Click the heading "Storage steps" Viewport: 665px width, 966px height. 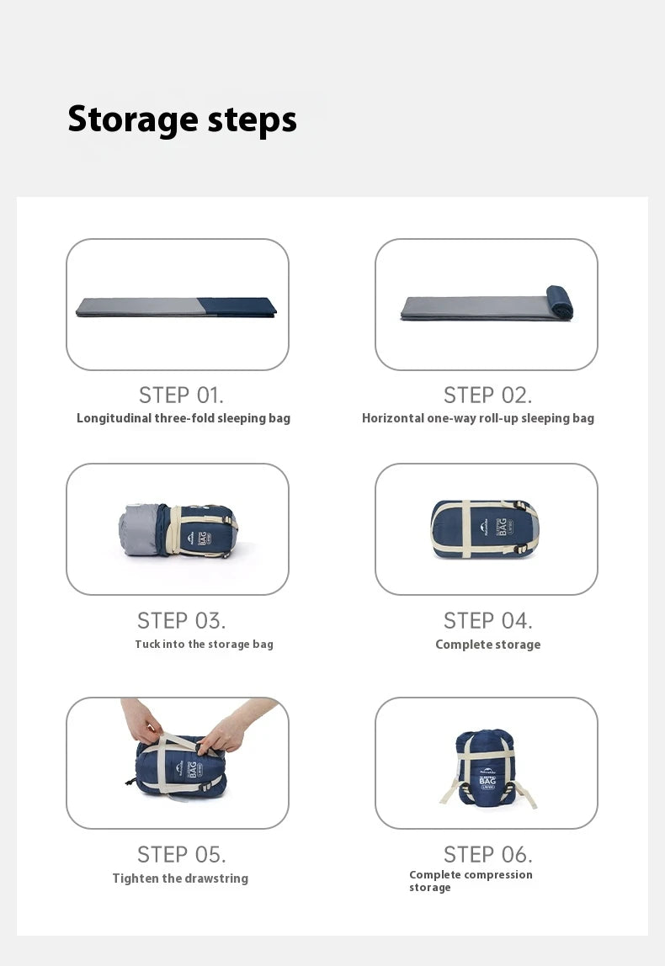coord(182,119)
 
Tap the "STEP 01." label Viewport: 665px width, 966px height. coord(181,395)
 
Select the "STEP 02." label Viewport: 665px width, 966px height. coord(487,395)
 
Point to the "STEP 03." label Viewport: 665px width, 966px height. coord(181,621)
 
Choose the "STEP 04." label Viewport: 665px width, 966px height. coord(487,621)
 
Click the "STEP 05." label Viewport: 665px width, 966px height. coord(181,855)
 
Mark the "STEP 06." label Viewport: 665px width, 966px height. coord(487,855)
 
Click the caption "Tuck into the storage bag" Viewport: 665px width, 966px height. coord(204,645)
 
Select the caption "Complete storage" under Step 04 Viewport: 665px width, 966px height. coord(487,645)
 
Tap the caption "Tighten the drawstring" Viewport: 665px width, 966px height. coord(180,878)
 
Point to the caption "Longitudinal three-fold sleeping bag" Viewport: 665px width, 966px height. coord(183,418)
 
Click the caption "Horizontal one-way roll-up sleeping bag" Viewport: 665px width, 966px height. coord(477,418)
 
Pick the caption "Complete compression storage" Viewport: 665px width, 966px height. coord(470,881)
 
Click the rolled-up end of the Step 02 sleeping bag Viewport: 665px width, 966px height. coord(560,302)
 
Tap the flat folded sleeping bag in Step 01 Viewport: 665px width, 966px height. coord(176,307)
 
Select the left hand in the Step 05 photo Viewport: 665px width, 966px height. coord(141,719)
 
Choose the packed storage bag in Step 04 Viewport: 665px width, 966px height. coord(485,529)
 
